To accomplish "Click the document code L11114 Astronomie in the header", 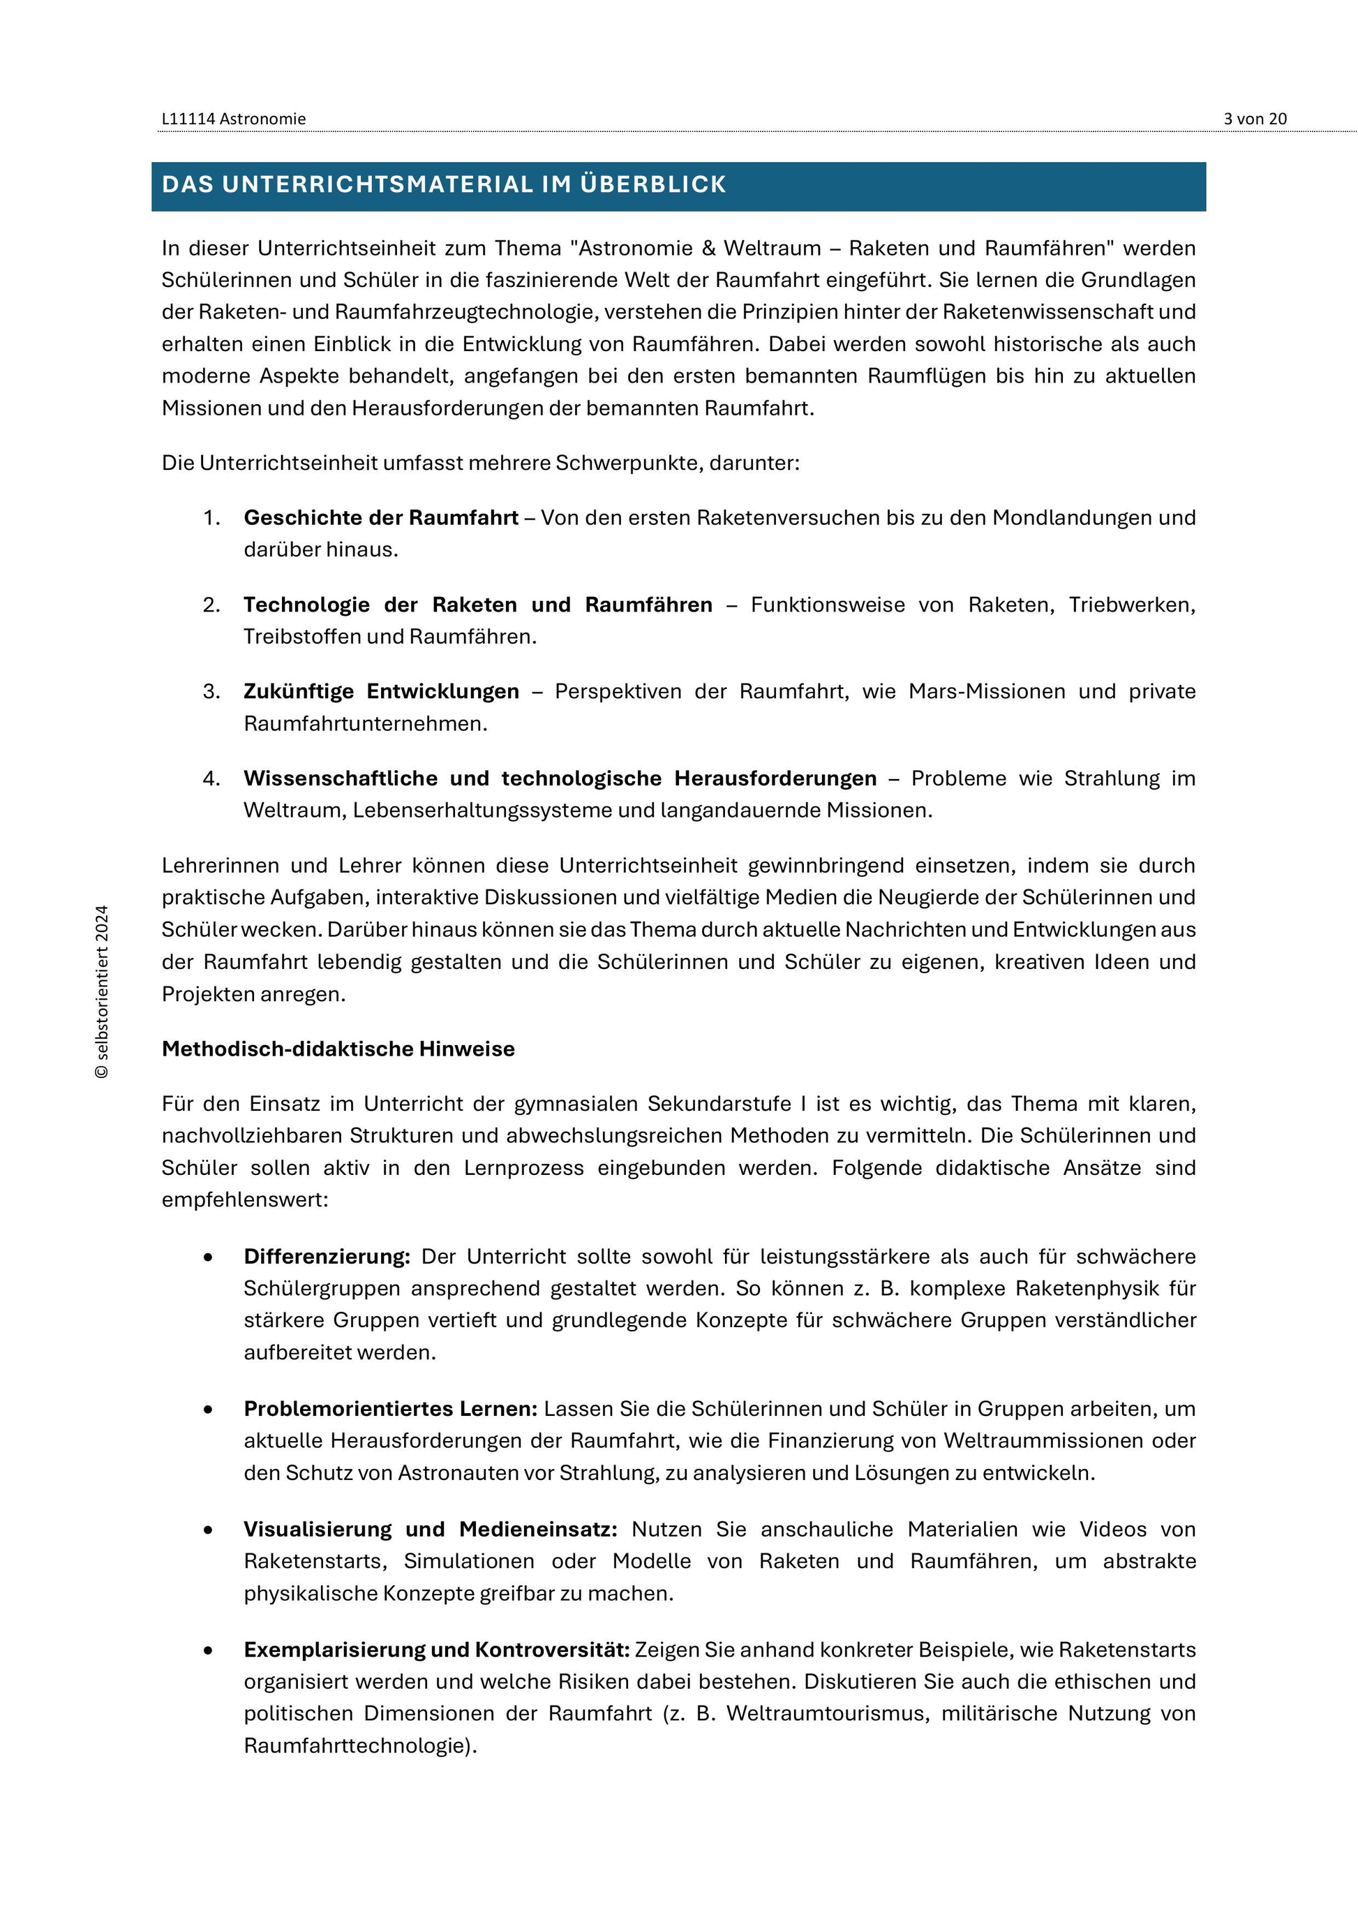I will tap(234, 119).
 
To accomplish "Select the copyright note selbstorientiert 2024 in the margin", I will tap(102, 991).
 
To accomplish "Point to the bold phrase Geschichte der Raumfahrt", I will tap(381, 517).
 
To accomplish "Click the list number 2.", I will tap(211, 605).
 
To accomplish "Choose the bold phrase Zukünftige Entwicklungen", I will tap(381, 691).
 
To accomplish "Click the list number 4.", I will tap(211, 778).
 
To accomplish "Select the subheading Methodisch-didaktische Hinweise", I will tap(338, 1049).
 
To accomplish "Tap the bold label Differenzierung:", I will tap(327, 1257).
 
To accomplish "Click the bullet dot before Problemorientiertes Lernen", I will tap(207, 1410).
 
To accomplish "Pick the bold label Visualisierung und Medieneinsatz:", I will tap(430, 1530).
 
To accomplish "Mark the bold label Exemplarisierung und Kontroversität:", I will tap(436, 1650).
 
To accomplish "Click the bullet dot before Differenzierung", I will tap(207, 1257).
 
